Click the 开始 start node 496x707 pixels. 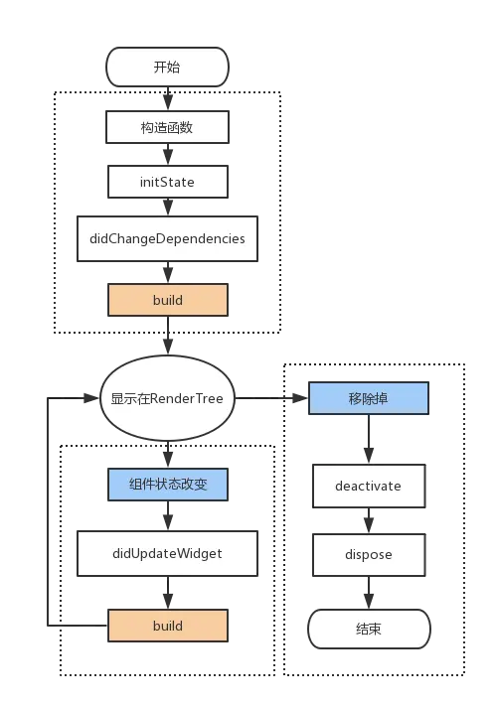tap(167, 68)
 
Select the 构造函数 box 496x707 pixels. tap(167, 127)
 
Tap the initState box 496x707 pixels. tap(167, 182)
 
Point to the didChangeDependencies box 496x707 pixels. tap(167, 238)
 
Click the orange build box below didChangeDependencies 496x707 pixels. tap(167, 299)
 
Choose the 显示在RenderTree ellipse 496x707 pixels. tap(167, 399)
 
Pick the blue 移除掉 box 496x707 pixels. tap(369, 399)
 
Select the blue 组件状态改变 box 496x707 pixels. tap(167, 485)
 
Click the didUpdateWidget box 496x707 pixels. tap(167, 553)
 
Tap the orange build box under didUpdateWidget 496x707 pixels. tap(167, 626)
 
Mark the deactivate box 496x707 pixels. tap(369, 487)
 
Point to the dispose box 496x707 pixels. tap(369, 554)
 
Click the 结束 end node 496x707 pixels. tap(369, 629)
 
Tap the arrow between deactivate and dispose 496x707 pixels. tap(369, 520)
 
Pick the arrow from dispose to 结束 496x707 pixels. tap(369, 592)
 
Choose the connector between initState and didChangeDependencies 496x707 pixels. tap(167, 207)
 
